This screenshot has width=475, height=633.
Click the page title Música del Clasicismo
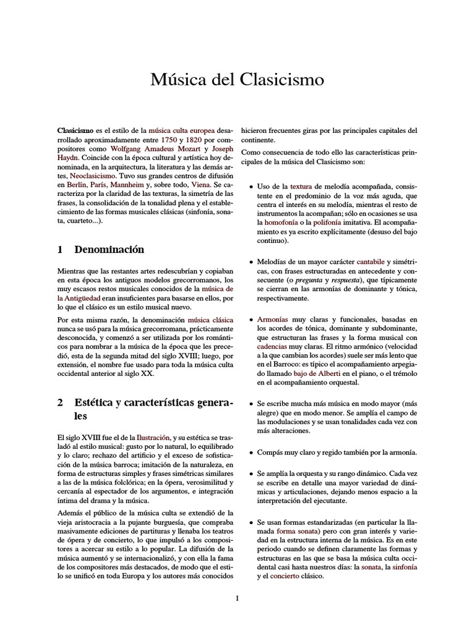(x=237, y=80)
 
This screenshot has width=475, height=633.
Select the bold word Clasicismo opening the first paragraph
(x=75, y=131)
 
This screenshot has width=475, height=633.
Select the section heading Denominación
(x=109, y=250)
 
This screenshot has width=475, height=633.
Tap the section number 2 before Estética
(x=60, y=402)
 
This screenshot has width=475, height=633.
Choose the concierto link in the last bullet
(x=281, y=576)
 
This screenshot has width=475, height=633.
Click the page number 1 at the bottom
(x=237, y=598)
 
